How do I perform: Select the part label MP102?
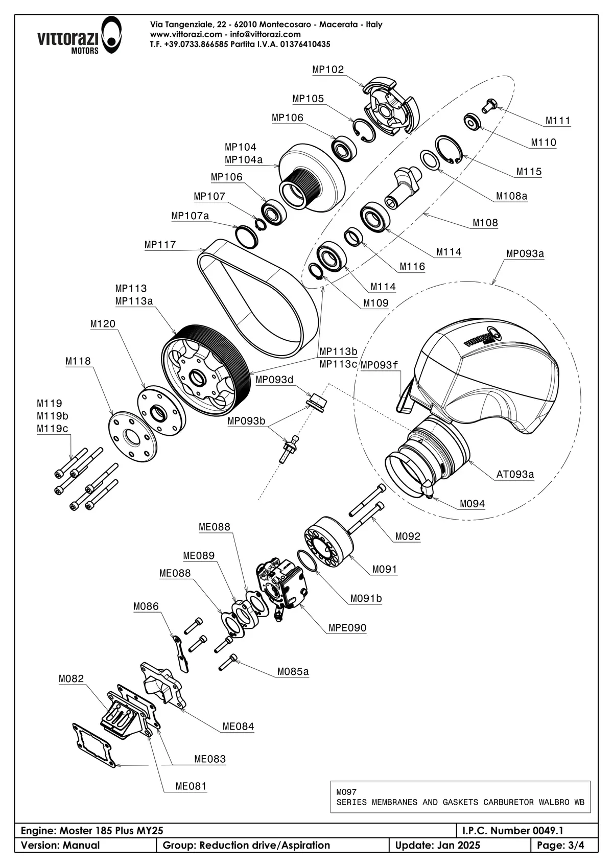328,69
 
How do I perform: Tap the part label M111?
557,121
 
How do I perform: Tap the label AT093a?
515,474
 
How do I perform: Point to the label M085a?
293,671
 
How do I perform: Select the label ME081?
191,786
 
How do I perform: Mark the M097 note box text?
460,797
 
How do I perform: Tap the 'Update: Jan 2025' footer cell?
437,845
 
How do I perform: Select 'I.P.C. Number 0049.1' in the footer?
512,831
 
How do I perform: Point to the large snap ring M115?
449,150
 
